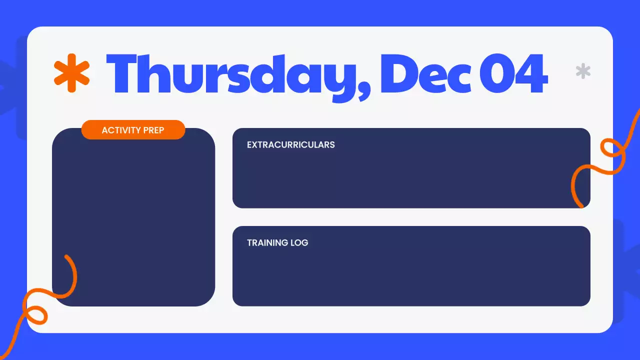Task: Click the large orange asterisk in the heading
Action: click(71, 72)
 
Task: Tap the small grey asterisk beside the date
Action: click(583, 71)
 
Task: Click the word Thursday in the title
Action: click(235, 75)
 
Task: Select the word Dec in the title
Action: click(425, 75)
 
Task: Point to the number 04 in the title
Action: click(513, 75)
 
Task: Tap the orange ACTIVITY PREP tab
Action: click(133, 130)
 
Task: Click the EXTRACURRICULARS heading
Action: click(291, 145)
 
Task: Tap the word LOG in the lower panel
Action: click(299, 243)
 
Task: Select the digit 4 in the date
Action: click(531, 75)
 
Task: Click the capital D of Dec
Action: click(400, 75)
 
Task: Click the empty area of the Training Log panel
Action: click(411, 277)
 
